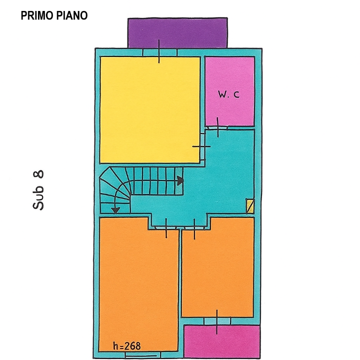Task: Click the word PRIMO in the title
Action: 36,15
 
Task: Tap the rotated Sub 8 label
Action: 38,189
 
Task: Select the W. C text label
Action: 228,94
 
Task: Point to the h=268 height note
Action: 127,346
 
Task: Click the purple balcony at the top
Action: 178,32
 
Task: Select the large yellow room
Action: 150,109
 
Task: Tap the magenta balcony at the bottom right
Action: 222,341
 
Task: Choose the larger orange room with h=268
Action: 138,285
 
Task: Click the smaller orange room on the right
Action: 217,267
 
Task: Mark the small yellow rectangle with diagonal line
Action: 250,206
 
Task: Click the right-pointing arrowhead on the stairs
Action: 179,180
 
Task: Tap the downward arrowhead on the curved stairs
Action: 115,209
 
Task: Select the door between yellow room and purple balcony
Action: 159,51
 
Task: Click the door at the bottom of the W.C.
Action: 218,127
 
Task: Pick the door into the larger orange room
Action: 166,227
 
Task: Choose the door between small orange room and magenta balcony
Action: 217,321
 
